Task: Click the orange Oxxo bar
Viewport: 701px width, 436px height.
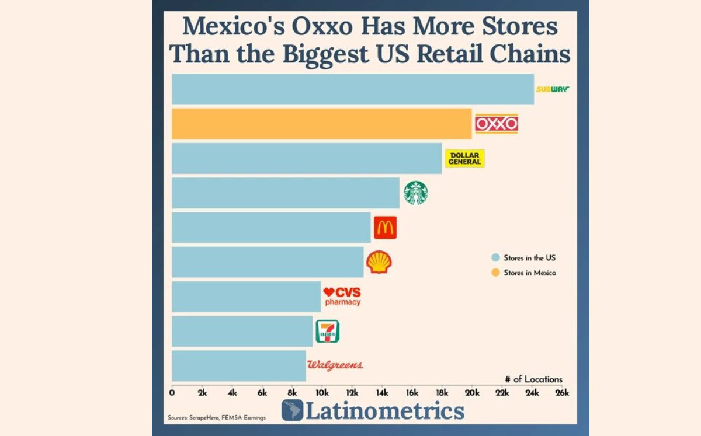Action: (321, 124)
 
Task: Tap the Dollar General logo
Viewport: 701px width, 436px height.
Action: (464, 158)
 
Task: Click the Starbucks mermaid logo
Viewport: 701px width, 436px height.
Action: (415, 193)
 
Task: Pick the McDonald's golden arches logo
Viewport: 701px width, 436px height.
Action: (385, 227)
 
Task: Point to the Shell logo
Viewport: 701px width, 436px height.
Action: (379, 262)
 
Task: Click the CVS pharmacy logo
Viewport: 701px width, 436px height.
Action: (342, 297)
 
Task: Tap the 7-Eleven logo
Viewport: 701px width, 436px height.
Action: (327, 331)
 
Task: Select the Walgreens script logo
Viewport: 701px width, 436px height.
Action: (335, 365)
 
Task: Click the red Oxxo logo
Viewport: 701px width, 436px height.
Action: (496, 124)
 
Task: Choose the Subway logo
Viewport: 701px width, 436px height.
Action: (552, 89)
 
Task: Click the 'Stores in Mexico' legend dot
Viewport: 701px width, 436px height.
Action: (495, 273)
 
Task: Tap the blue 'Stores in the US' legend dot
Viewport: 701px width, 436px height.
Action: (495, 257)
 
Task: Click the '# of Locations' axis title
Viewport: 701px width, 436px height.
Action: (533, 379)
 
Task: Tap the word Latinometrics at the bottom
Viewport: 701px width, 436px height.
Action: (385, 411)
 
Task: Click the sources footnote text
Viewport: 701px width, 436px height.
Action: (216, 418)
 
